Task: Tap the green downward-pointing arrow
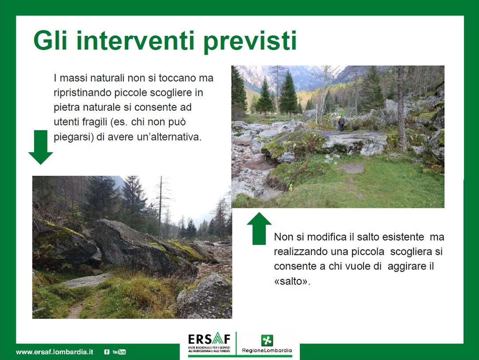(x=41, y=147)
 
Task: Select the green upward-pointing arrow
(x=259, y=228)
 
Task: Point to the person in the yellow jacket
(x=341, y=123)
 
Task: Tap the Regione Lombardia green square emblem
(x=267, y=340)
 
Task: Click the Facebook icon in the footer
(x=106, y=352)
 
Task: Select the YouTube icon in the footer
(x=119, y=352)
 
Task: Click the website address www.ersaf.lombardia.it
(x=55, y=352)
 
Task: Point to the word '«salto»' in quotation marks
(x=292, y=281)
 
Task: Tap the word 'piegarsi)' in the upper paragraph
(x=74, y=137)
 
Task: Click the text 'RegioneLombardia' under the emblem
(x=267, y=351)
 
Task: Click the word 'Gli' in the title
(x=50, y=40)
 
